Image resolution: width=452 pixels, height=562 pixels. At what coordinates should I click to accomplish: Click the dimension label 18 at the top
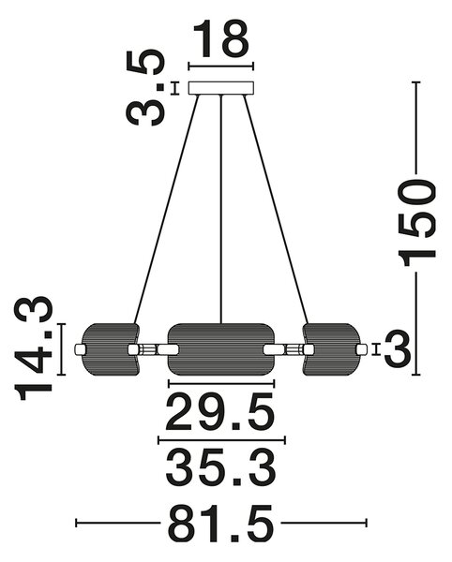coord(221,38)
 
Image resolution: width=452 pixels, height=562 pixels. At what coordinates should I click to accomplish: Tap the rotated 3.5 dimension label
coord(145,87)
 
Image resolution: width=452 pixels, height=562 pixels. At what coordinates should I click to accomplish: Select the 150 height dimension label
coord(416,223)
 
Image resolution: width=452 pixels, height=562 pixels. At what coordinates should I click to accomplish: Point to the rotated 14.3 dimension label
coord(34,348)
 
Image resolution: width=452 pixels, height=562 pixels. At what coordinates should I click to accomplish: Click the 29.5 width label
coord(219,412)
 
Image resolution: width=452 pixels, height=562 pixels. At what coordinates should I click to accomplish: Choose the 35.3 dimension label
coord(221,468)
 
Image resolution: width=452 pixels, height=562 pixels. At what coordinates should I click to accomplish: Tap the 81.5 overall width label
coord(221,523)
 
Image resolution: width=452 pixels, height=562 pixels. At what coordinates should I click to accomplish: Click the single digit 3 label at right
coord(398,349)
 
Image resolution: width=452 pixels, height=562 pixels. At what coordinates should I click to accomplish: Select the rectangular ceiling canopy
coord(221,88)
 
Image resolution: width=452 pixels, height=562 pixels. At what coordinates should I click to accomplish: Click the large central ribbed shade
coord(221,349)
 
